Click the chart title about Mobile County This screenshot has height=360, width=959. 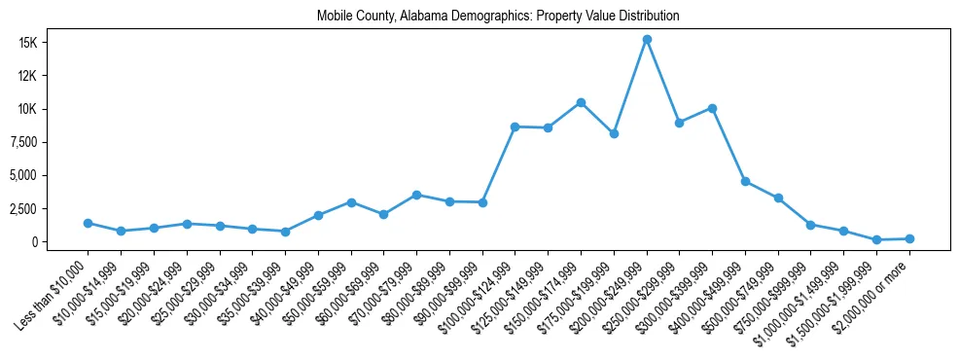point(498,17)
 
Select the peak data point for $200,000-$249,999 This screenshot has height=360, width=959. point(647,39)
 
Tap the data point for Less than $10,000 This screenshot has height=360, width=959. point(88,223)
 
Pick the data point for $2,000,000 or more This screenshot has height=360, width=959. point(909,238)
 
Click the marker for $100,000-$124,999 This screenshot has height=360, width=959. point(515,126)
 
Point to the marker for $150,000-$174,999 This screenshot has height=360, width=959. point(581,102)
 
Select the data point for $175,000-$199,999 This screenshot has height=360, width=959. point(614,133)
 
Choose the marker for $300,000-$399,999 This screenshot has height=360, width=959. point(713,108)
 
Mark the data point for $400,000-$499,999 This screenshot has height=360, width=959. point(745,181)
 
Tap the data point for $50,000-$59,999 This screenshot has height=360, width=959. point(351,202)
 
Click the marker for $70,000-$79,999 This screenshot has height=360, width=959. point(416,195)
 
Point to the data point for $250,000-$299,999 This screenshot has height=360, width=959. point(680,123)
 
